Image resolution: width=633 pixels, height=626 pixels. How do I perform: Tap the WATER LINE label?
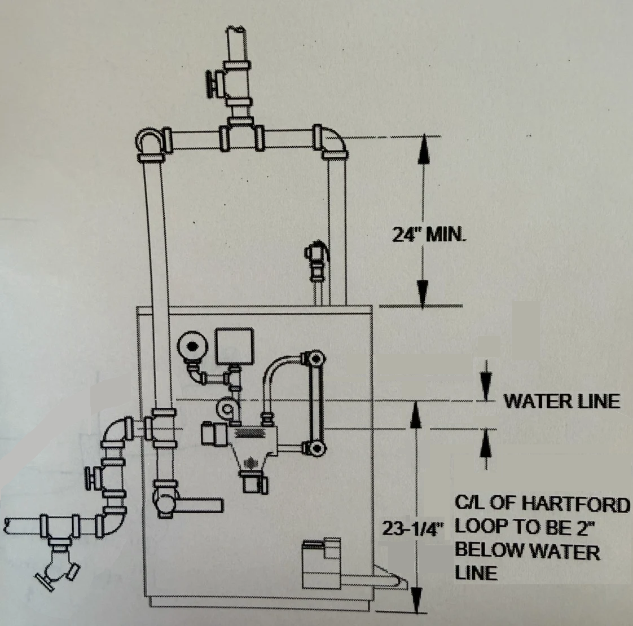561,401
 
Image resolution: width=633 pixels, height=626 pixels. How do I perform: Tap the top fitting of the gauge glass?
314,358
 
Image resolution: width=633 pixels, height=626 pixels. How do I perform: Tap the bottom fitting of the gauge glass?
314,448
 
